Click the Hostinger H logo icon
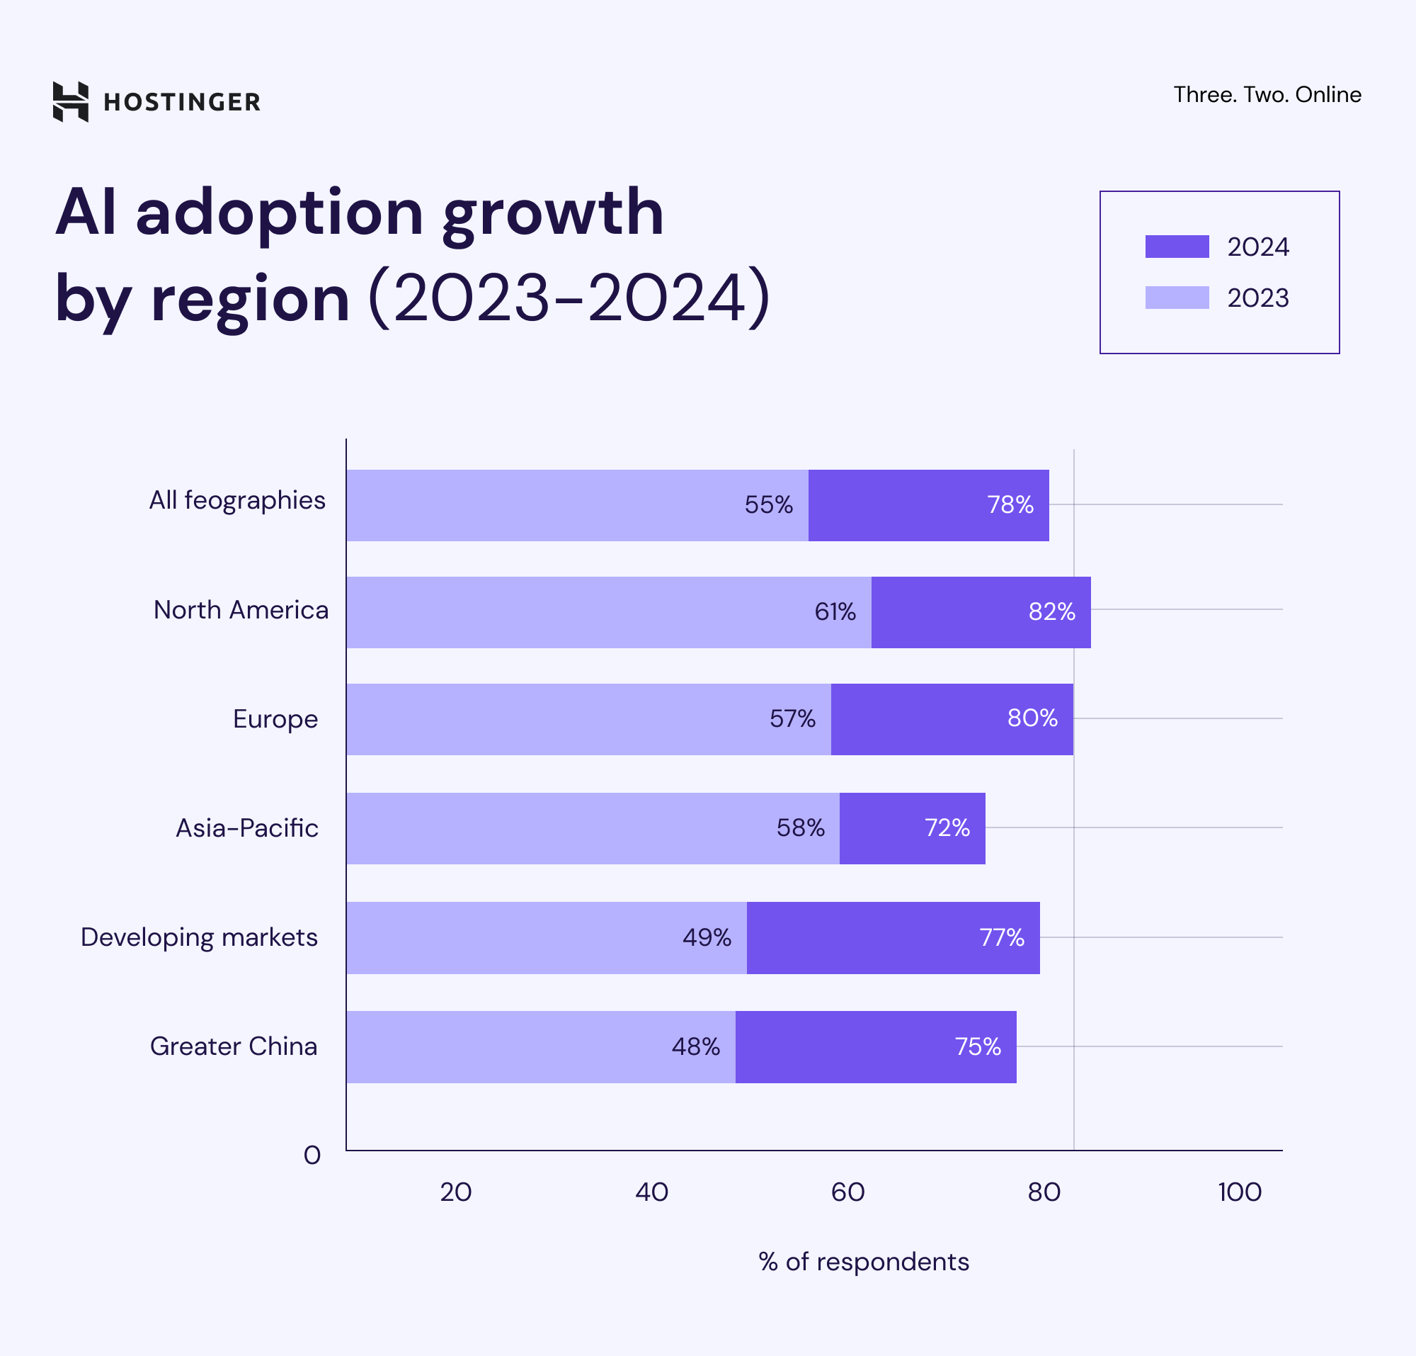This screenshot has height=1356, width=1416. [71, 102]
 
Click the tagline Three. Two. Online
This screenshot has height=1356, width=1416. [1267, 95]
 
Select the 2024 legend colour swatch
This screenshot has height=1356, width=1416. [1176, 247]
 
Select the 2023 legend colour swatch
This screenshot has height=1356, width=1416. [1176, 298]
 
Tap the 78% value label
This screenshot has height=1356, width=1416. [1010, 504]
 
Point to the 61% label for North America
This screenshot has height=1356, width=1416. [835, 612]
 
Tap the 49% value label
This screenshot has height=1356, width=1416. [706, 937]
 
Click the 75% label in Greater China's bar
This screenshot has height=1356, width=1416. [977, 1046]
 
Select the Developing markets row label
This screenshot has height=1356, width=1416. [199, 937]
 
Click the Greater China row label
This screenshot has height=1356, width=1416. [234, 1046]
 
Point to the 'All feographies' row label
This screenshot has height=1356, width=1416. [237, 500]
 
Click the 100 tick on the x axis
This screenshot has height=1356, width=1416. [1239, 1192]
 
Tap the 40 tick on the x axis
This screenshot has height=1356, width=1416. [651, 1192]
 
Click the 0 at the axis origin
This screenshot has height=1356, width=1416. [312, 1156]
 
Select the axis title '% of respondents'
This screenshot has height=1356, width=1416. [863, 1262]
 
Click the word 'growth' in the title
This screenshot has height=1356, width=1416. [553, 213]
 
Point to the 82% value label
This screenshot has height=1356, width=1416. [1051, 612]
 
